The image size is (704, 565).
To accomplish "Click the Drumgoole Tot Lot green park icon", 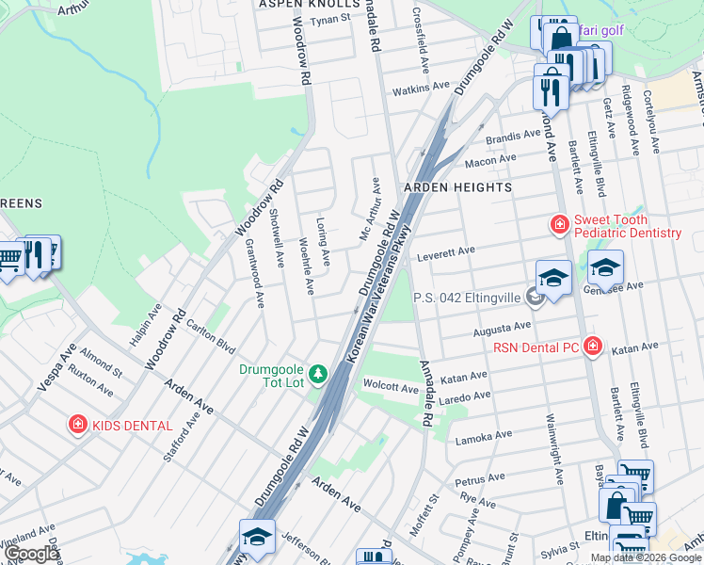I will [x=318, y=374].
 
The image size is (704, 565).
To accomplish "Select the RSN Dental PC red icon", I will [x=593, y=347].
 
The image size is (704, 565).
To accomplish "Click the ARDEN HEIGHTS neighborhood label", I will [x=457, y=187].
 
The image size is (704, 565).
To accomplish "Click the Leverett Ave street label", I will [x=446, y=252].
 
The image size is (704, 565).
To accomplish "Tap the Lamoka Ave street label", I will [x=483, y=436].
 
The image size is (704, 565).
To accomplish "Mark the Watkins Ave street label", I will [x=422, y=88].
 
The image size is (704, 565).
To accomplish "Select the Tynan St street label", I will [x=329, y=19].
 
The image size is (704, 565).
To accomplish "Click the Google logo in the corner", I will [x=31, y=554].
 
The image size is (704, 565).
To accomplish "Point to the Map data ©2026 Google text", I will [x=646, y=557].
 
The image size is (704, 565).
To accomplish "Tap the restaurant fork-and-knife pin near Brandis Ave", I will [x=550, y=89].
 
